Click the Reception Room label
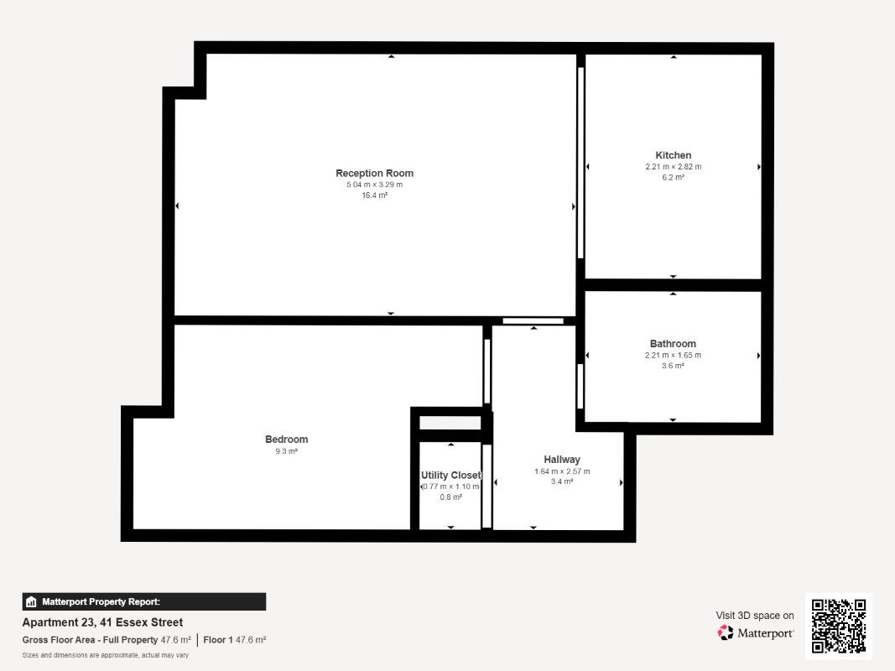tap(374, 173)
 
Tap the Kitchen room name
tap(673, 155)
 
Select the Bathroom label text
tap(673, 344)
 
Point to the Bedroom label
tap(287, 440)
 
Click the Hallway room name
tap(562, 460)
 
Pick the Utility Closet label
tap(451, 476)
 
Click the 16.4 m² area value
tap(374, 195)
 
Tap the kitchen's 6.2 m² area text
tap(673, 178)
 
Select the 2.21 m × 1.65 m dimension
tap(673, 355)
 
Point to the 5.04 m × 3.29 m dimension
tap(374, 185)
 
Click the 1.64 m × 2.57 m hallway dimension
tap(562, 471)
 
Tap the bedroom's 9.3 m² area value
tap(287, 451)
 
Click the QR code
tap(839, 626)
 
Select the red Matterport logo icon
tap(726, 632)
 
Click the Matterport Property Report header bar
tap(143, 601)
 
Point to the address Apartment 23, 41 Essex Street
tap(102, 622)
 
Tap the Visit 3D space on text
tap(755, 615)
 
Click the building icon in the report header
tap(31, 602)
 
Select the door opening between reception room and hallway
tap(533, 321)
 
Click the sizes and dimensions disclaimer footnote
tap(105, 655)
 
